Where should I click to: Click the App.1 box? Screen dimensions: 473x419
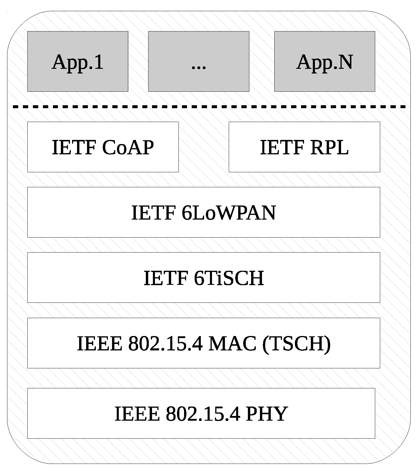point(78,61)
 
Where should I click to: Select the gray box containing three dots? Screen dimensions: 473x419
point(198,61)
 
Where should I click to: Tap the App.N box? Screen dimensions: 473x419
point(324,61)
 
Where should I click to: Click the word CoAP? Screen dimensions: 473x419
point(128,147)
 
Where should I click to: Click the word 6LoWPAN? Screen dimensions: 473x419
point(229,213)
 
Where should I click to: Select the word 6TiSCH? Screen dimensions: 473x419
point(229,278)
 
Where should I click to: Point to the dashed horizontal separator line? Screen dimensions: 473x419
point(209,107)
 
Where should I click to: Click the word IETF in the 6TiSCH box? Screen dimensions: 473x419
point(166,278)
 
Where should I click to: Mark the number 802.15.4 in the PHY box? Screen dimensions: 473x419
point(203,414)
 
